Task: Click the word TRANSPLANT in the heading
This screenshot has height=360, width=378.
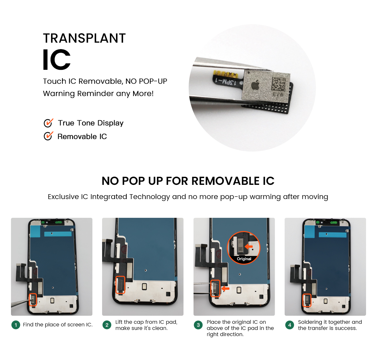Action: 84,38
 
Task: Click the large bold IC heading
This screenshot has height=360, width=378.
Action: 57,59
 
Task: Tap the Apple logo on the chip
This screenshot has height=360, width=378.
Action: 256,85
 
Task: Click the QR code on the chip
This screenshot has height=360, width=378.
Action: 278,84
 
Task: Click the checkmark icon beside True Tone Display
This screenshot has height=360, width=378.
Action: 48,123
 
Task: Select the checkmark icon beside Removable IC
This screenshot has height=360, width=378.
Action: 48,136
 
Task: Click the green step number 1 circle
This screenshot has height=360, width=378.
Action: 16,325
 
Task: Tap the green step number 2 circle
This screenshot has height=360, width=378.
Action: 107,325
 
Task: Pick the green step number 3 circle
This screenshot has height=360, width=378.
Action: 198,325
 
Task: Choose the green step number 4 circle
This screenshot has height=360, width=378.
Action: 289,325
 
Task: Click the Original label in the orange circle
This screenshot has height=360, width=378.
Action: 244,259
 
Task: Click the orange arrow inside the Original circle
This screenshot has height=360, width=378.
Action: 249,247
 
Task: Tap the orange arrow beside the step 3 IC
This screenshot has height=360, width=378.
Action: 226,288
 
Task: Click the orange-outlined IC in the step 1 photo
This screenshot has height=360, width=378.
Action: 33,300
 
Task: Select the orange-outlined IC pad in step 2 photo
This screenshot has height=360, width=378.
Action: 121,285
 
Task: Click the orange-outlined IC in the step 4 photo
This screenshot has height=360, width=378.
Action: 307,301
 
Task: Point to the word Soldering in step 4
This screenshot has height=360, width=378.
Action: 310,323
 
